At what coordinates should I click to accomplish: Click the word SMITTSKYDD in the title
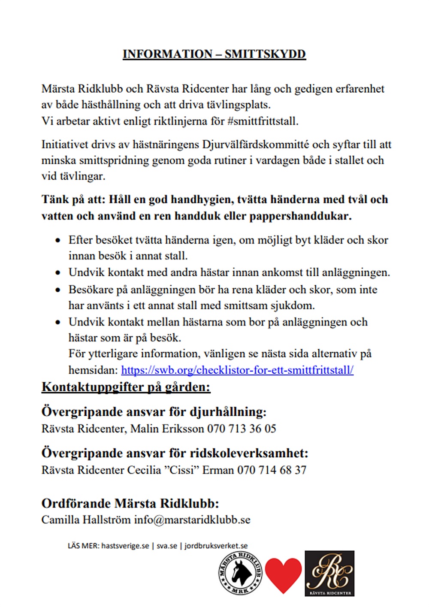pos(265,54)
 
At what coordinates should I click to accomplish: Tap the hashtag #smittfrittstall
pos(263,121)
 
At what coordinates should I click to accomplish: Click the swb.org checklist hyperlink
pos(237,370)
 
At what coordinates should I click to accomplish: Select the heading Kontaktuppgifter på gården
pos(126,387)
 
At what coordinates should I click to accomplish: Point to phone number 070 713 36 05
pos(242,429)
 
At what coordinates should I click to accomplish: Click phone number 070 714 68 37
pos(272,470)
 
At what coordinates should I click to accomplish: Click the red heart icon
pos(283,574)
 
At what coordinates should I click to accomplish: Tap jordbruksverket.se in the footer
pos(216,546)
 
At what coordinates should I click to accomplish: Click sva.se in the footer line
pos(167,546)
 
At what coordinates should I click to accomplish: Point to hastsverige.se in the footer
pos(125,546)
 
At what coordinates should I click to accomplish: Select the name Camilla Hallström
pos(86,519)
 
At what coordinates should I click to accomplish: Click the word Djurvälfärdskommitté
pos(255,145)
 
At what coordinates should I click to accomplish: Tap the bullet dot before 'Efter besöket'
pos(58,241)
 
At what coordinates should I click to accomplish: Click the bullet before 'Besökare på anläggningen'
pos(58,290)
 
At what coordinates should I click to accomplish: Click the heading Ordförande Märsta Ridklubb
pos(130,503)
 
